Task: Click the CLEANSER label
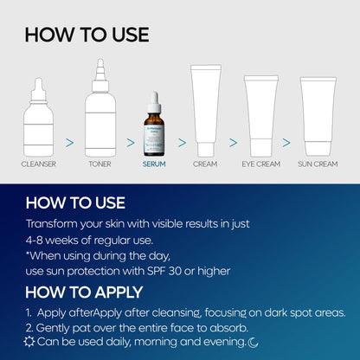[x=39, y=163]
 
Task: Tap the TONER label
[x=100, y=163]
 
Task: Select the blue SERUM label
[x=154, y=163]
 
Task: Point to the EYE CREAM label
[x=260, y=163]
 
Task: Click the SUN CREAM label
[x=318, y=163]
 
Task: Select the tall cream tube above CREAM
[x=205, y=111]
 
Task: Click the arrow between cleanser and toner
[x=69, y=140]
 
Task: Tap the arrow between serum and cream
[x=182, y=140]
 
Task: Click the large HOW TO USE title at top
[x=87, y=35]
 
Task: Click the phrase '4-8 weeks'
[x=51, y=239]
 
